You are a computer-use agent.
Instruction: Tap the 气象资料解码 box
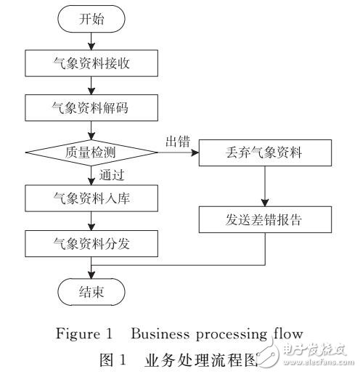point(91,109)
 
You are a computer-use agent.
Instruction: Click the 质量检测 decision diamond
point(91,153)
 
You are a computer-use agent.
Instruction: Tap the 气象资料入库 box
point(91,197)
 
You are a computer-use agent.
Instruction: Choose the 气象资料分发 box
point(91,241)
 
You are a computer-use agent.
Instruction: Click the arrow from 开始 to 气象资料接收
point(91,41)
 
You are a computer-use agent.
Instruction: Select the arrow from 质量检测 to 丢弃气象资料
point(178,153)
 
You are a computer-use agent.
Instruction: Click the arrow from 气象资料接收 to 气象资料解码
point(91,86)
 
